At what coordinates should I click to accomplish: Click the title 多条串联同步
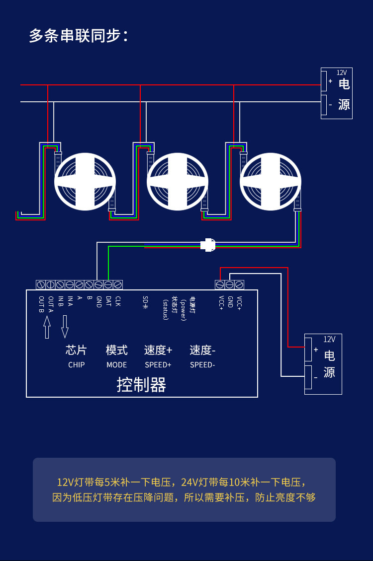[79, 36]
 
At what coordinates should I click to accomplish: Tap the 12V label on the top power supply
[342, 72]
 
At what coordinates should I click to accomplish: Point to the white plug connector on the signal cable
[208, 245]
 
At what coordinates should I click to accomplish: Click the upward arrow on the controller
[47, 327]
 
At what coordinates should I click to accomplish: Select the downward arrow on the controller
[65, 327]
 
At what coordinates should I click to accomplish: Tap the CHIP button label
[76, 364]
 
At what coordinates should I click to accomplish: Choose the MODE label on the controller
[116, 364]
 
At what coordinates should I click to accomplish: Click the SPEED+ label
[158, 364]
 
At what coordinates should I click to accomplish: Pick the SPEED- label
[202, 364]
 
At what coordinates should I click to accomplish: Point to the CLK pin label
[118, 301]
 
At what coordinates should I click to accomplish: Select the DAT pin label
[108, 301]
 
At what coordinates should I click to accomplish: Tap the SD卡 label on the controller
[145, 303]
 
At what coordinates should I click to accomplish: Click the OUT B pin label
[41, 304]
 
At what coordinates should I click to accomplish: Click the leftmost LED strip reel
[85, 181]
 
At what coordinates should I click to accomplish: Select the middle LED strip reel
[178, 181]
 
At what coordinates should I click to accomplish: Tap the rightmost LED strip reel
[271, 181]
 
